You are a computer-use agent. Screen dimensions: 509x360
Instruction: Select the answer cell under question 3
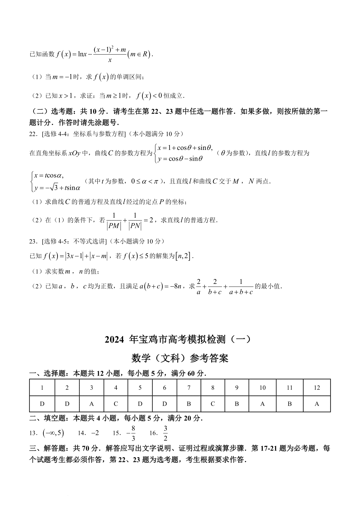pos(91,404)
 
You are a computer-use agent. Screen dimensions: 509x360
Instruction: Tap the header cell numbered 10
pos(262,388)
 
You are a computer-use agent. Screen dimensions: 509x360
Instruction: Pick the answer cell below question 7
pos(189,404)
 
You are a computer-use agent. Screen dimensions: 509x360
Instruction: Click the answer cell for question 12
pos(317,404)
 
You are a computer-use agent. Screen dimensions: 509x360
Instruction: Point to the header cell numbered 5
pos(140,388)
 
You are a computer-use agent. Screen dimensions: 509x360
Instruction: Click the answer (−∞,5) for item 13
pos(53,433)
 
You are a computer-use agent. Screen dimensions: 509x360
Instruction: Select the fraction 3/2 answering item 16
pos(165,433)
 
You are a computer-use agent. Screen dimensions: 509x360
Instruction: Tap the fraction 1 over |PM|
pos(114,221)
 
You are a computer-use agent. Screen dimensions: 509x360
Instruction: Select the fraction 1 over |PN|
pos(135,221)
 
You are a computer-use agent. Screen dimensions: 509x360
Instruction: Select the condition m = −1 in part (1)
pos(59,77)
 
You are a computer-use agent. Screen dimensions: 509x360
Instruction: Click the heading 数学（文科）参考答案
pos(180,358)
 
